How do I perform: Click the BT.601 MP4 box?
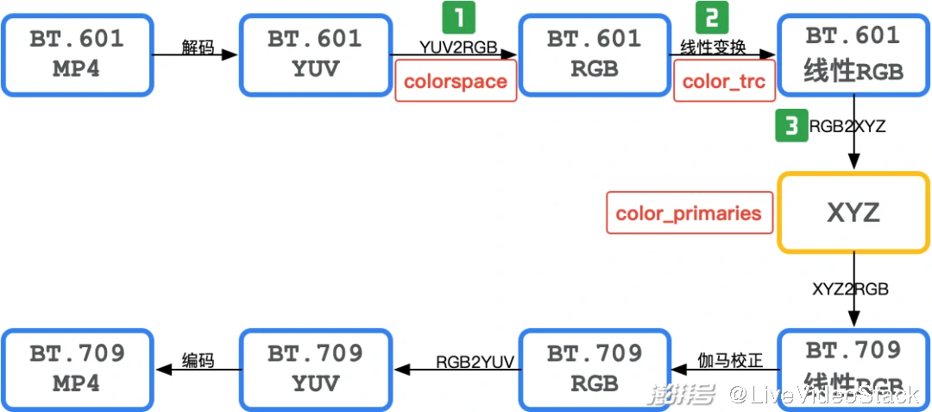click(x=77, y=54)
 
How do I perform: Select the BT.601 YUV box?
click(x=314, y=54)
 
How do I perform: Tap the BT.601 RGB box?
click(x=595, y=54)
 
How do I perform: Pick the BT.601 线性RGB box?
click(x=853, y=54)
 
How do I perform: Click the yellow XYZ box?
click(x=853, y=212)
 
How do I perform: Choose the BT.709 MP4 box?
click(x=77, y=368)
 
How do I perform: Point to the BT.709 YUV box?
click(x=314, y=368)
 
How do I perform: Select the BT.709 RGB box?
click(x=595, y=368)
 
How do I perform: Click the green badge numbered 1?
click(x=458, y=17)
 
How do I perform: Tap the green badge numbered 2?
click(x=712, y=17)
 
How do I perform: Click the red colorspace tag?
click(x=456, y=81)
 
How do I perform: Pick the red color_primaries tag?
click(x=689, y=212)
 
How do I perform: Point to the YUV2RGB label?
click(x=458, y=48)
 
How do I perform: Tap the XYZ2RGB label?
click(x=850, y=289)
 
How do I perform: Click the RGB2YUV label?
click(x=474, y=362)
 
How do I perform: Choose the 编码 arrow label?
click(x=198, y=360)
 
